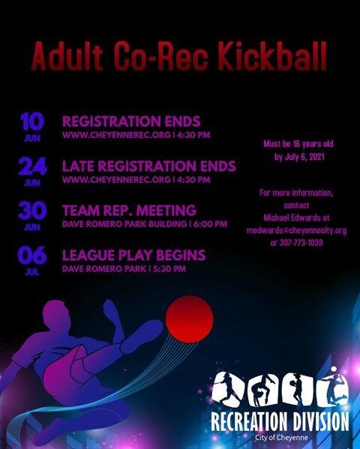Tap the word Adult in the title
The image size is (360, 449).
67,56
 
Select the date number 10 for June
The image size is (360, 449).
32,121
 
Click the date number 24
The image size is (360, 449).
32,166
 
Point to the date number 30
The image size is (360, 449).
32,211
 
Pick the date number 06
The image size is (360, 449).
32,255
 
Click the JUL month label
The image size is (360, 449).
32,272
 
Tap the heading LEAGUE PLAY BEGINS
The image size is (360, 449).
133,255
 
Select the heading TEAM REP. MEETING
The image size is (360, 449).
129,211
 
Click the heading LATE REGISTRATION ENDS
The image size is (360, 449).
149,166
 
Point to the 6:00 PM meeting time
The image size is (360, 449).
211,224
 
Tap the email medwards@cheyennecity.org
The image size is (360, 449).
297,230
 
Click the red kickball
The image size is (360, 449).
190,319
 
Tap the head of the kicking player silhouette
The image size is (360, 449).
57,314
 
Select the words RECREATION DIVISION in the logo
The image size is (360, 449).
280,421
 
